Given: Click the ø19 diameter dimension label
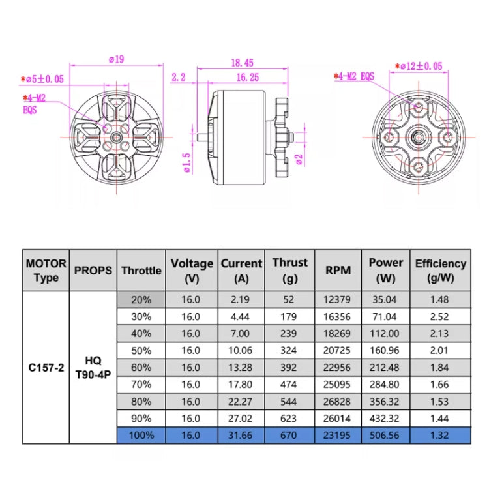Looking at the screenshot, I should tap(115, 59).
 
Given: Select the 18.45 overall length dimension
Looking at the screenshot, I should tap(242, 63).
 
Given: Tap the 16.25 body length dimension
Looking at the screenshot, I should tap(248, 77).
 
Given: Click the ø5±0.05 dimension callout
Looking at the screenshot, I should tap(42, 79).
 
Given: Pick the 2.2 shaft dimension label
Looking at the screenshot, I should tap(179, 77).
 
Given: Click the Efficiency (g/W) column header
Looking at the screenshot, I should tap(440, 270).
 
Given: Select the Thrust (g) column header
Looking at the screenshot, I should tap(289, 270).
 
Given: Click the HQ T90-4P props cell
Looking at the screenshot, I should tap(93, 367).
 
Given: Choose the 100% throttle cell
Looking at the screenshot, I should tap(141, 434).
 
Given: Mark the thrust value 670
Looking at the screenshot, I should tap(289, 434).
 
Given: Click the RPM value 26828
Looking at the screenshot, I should tap(337, 400).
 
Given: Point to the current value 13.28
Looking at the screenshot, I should tap(241, 367).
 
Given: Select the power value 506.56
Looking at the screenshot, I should tap(386, 434).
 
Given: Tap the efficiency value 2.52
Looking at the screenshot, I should tap(440, 317).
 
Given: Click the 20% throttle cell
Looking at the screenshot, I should tap(141, 300).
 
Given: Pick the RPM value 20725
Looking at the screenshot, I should tap(337, 350).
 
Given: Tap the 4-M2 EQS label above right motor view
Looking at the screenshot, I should tap(355, 76).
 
